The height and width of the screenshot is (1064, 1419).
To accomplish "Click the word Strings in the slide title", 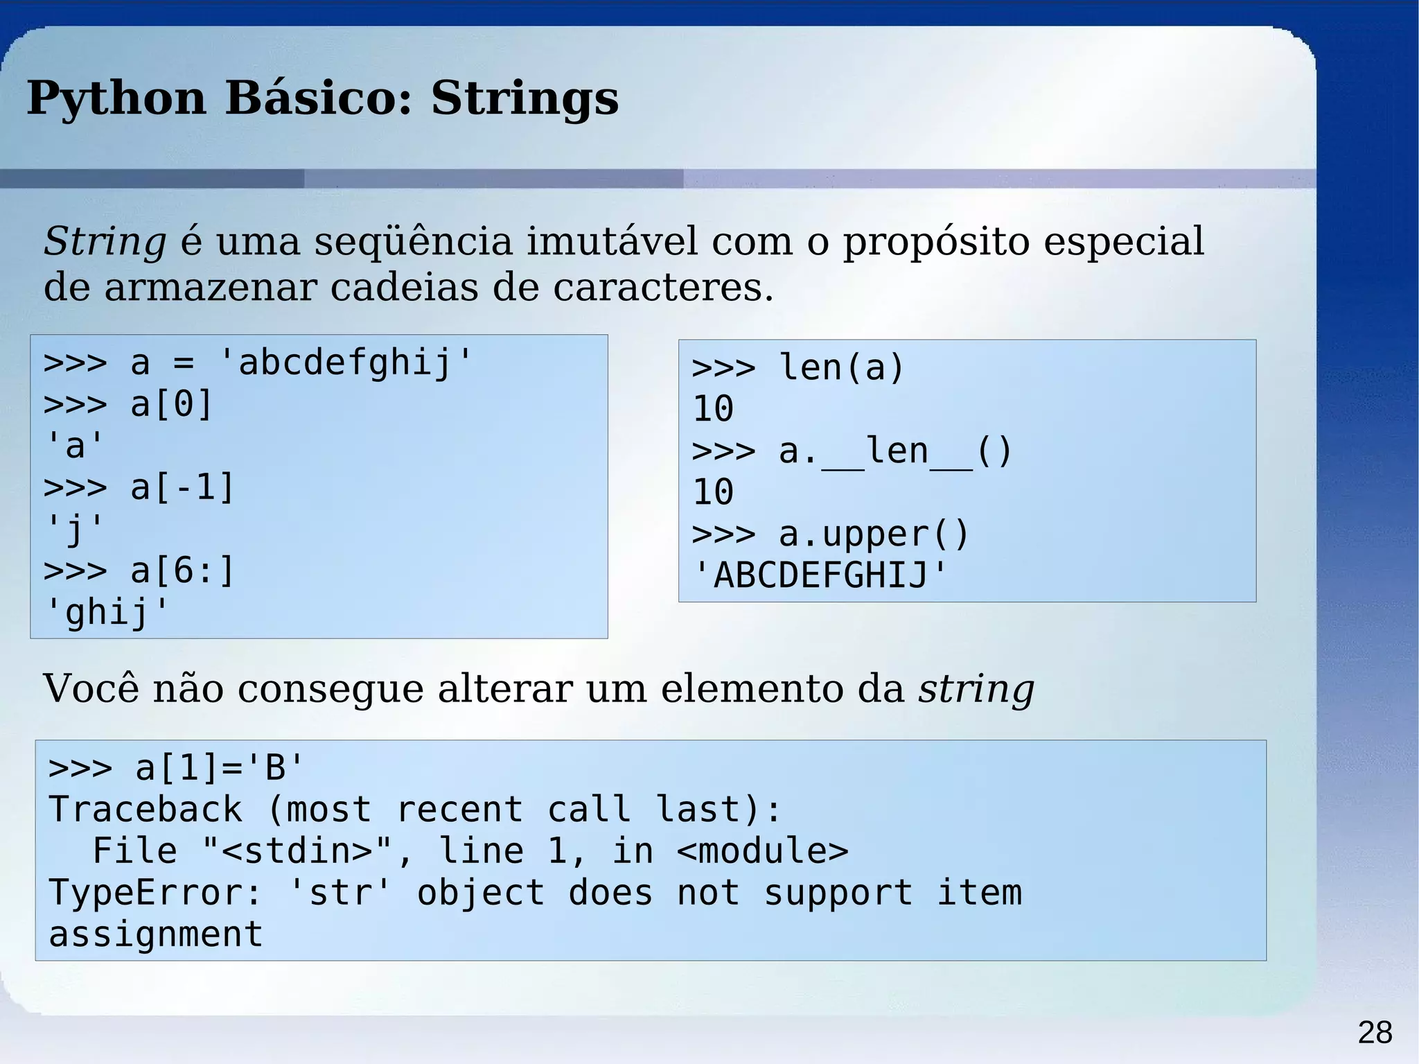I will (525, 98).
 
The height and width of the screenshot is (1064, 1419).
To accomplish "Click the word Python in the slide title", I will (116, 98).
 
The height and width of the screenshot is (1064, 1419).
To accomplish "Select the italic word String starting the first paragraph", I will (105, 242).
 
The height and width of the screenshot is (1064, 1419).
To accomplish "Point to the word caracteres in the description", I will (662, 287).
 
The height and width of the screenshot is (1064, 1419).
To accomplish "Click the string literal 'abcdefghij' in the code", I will (344, 363).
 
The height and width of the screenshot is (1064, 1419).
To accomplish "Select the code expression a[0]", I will (171, 404).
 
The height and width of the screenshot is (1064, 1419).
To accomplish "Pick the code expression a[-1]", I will (182, 487).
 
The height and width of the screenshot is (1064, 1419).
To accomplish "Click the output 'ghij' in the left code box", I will (107, 612).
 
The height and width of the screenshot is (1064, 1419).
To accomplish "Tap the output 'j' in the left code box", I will (74, 529).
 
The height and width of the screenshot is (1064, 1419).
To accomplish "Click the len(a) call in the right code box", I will (841, 367).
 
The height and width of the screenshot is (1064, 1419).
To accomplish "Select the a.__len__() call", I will (895, 451).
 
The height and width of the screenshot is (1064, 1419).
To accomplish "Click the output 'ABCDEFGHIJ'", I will (820, 575).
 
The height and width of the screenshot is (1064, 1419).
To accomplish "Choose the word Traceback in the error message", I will (146, 810).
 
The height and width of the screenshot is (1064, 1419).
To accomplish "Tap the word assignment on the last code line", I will (156, 934).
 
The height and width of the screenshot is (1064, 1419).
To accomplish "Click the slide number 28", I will (1375, 1033).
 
